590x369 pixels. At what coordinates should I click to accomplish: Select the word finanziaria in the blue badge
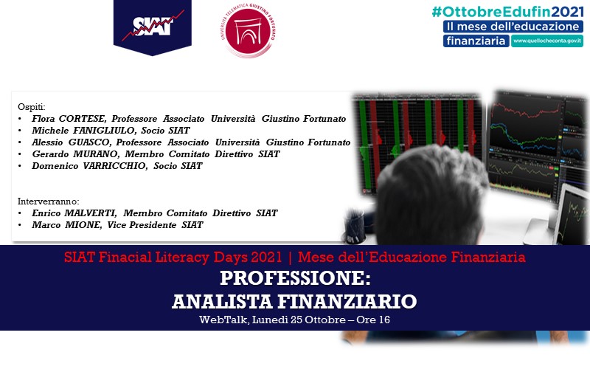point(476,41)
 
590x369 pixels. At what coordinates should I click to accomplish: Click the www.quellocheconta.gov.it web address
point(546,41)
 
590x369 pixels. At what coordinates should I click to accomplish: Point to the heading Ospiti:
point(31,106)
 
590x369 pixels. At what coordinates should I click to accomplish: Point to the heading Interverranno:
point(49,201)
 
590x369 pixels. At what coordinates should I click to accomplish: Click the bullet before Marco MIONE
point(20,224)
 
